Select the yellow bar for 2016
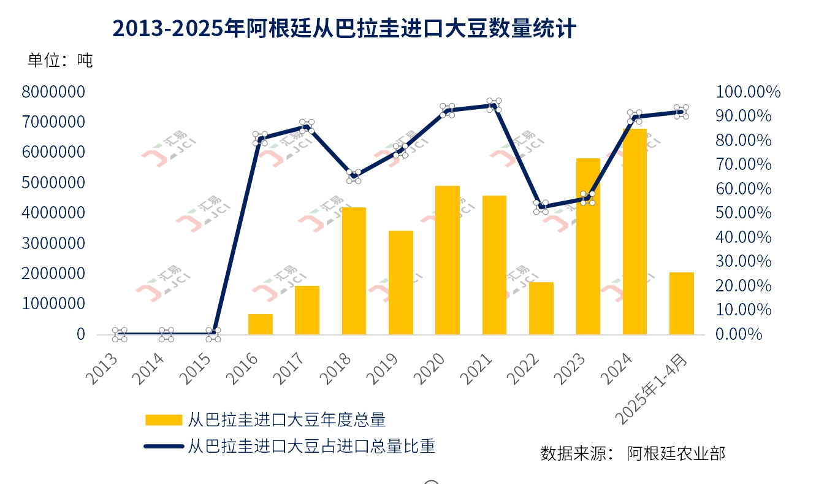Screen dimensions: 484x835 [x=261, y=324]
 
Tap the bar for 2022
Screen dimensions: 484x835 [x=541, y=308]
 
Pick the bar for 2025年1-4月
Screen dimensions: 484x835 [x=681, y=303]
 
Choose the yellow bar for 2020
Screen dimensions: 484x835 [x=448, y=260]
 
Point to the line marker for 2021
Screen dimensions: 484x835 [x=494, y=105]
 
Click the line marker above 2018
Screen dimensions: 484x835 [x=354, y=176]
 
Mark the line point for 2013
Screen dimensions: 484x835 [x=120, y=334]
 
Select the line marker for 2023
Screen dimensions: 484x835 [x=587, y=198]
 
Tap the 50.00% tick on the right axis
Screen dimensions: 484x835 [x=742, y=213]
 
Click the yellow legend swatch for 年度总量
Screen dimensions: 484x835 [x=163, y=420]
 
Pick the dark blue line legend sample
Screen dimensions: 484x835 [x=163, y=447]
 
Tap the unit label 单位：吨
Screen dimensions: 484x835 [x=59, y=60]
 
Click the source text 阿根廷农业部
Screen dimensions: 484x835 [x=676, y=453]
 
